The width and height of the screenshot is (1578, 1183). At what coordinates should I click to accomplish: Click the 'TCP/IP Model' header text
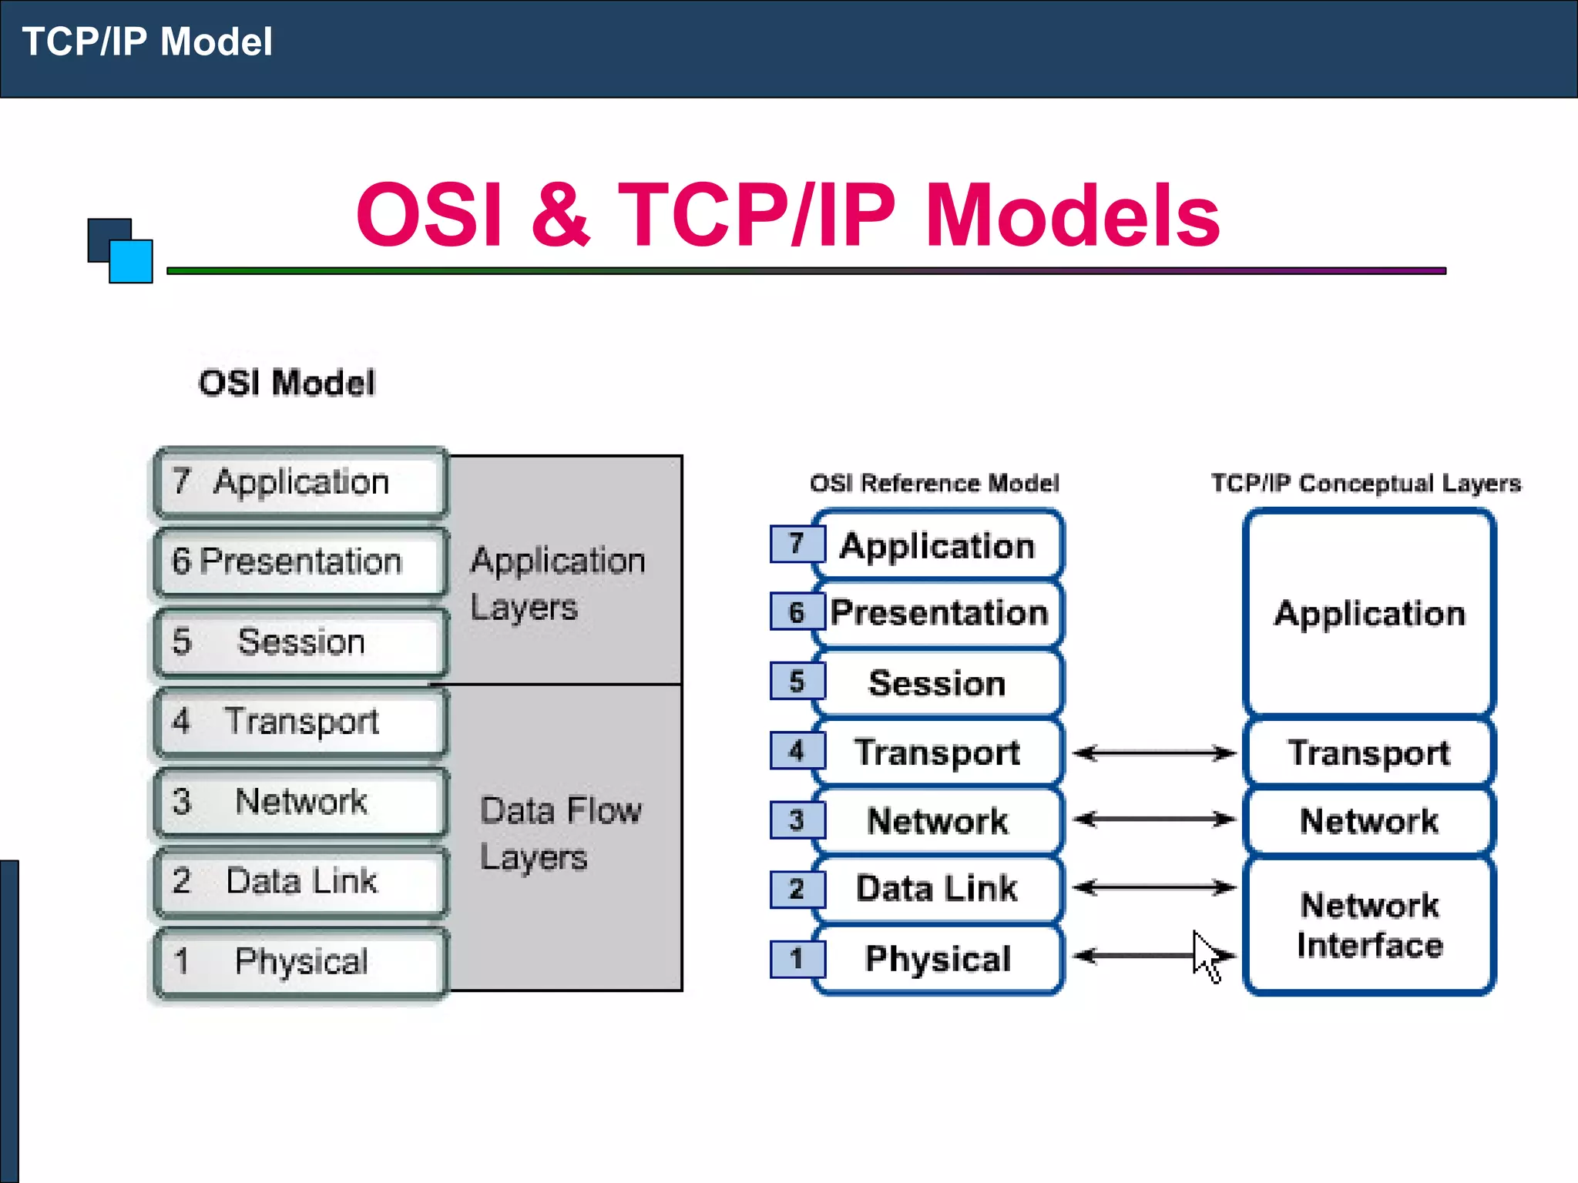tap(147, 42)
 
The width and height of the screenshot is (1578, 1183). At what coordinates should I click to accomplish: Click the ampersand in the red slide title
tap(560, 215)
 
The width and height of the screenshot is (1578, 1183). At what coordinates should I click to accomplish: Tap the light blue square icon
tap(131, 262)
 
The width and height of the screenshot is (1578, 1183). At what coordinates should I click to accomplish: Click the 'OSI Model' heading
tap(287, 383)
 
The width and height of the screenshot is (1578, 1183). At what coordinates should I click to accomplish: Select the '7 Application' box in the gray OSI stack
tap(300, 482)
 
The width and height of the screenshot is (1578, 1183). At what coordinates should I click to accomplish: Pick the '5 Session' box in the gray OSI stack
tap(300, 642)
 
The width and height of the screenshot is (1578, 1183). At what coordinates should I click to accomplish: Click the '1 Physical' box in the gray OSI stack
tap(300, 961)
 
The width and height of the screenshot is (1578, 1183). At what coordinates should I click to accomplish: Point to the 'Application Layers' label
tap(557, 583)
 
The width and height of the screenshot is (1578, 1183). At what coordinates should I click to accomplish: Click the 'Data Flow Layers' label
tap(560, 833)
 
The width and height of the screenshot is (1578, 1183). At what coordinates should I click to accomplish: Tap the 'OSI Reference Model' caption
tap(934, 483)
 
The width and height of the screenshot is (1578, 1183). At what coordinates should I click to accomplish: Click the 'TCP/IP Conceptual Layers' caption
tap(1365, 483)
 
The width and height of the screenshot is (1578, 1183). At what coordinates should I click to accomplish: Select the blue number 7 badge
tap(797, 544)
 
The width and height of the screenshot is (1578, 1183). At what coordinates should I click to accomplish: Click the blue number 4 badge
tap(797, 751)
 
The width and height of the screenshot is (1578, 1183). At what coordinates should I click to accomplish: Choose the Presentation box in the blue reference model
tap(938, 613)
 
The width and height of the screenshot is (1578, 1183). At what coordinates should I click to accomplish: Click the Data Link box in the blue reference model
tap(937, 888)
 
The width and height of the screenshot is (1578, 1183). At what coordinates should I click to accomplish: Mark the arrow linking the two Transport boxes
tap(1153, 752)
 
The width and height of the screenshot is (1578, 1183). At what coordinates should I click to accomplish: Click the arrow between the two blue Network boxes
tap(1153, 819)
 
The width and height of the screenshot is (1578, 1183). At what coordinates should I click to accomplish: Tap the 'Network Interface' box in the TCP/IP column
tap(1369, 925)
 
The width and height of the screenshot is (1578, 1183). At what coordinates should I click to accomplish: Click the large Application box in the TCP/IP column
tap(1369, 614)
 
